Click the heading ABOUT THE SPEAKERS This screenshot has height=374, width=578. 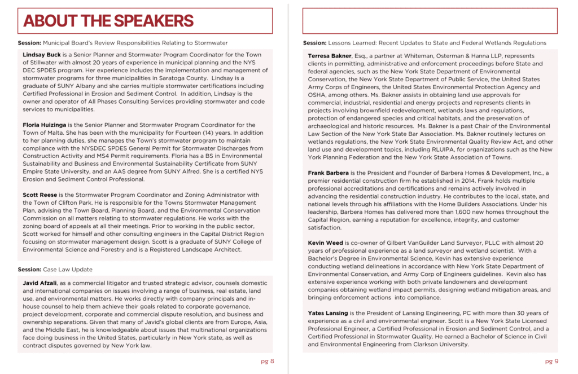coord(108,21)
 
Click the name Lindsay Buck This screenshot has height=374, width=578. coord(42,55)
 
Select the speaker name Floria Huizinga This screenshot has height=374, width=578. coord(44,125)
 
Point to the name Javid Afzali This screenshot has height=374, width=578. coord(40,282)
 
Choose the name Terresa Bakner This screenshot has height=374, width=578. coord(330,56)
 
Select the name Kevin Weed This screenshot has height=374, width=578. coord(325,243)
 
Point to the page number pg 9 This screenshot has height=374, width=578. coord(551,361)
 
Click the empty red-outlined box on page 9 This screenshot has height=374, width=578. coord(430,21)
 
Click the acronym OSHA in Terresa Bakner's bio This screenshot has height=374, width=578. coord(317,95)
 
